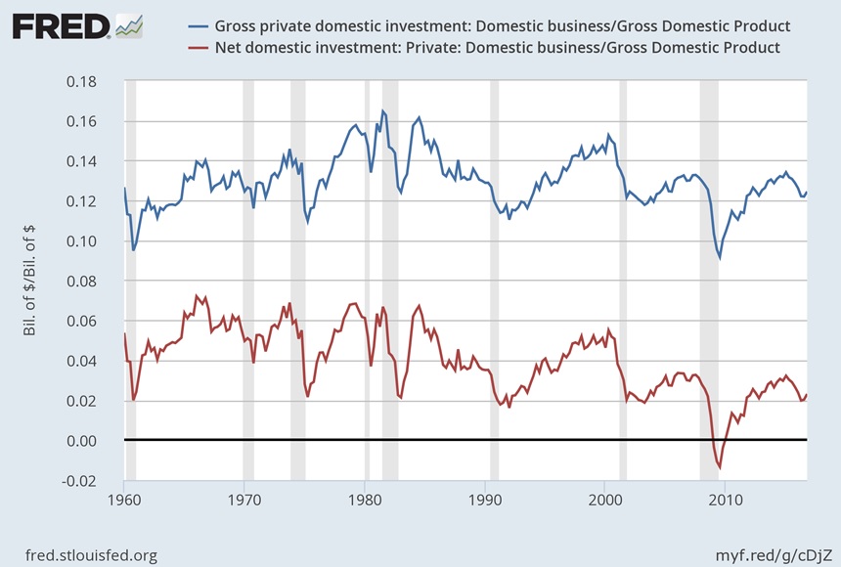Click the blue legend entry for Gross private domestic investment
click(509, 25)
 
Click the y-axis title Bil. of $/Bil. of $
click(31, 280)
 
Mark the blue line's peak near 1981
click(382, 110)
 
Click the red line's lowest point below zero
click(720, 468)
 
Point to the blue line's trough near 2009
click(720, 258)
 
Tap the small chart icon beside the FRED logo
click(129, 25)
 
